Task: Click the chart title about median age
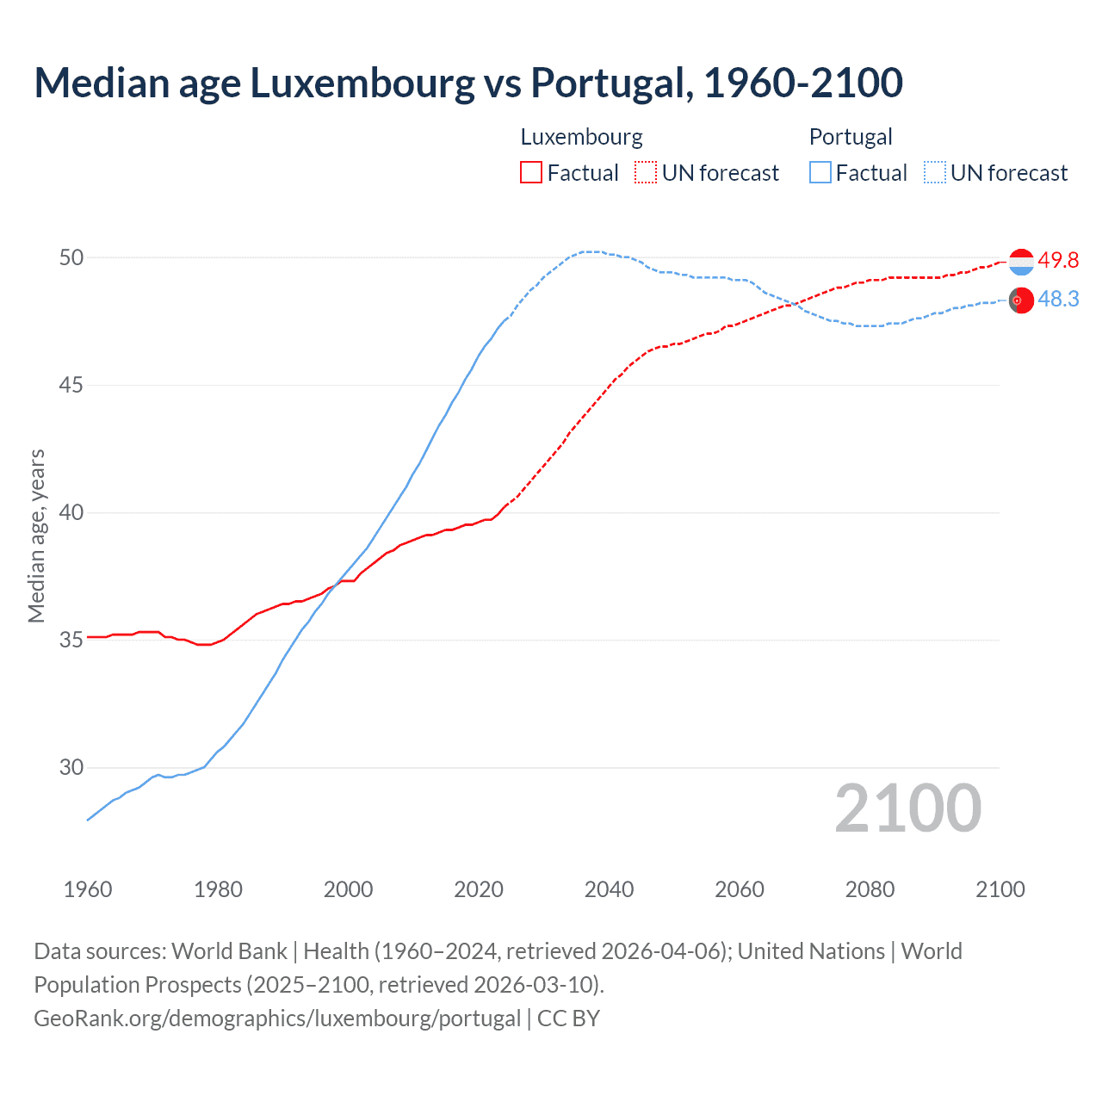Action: click(x=468, y=83)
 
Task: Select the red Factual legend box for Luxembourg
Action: click(x=531, y=173)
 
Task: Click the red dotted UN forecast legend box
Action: click(x=646, y=173)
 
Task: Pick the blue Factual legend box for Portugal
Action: click(x=820, y=173)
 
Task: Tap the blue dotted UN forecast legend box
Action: click(x=935, y=173)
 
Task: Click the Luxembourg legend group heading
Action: click(x=581, y=137)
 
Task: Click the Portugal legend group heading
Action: click(x=851, y=137)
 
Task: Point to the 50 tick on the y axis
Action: click(x=71, y=257)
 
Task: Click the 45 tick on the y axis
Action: click(x=71, y=385)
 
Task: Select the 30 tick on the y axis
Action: click(x=71, y=767)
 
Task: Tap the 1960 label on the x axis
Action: click(x=88, y=889)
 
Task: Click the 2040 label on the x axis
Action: click(x=609, y=889)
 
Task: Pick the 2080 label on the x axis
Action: click(x=870, y=889)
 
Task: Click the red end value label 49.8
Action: click(x=1058, y=260)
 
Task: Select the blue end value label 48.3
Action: click(x=1058, y=299)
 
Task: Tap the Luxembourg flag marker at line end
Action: click(x=1021, y=262)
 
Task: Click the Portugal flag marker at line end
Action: click(x=1021, y=300)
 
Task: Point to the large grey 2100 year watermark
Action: click(x=907, y=808)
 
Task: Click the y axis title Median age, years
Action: click(x=36, y=536)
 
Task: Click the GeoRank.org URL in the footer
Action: click(x=277, y=1018)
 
